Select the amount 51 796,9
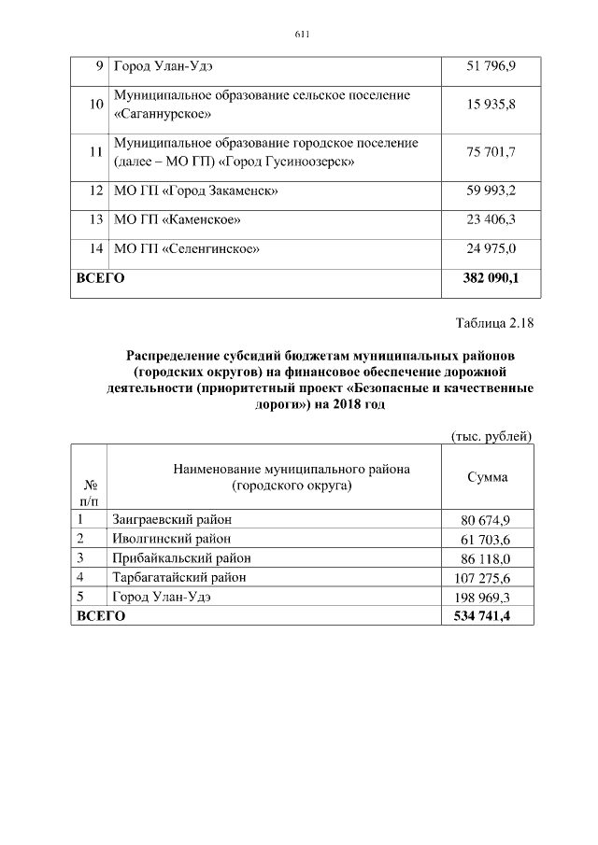click(x=491, y=67)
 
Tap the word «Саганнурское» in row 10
click(x=163, y=115)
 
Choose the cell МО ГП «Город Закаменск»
click(x=196, y=191)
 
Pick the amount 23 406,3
click(x=491, y=219)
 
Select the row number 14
click(x=94, y=248)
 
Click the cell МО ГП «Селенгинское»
click(x=186, y=248)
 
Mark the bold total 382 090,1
click(x=491, y=278)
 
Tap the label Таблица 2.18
click(x=493, y=324)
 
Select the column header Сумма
click(x=488, y=477)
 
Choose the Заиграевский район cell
click(x=172, y=519)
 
